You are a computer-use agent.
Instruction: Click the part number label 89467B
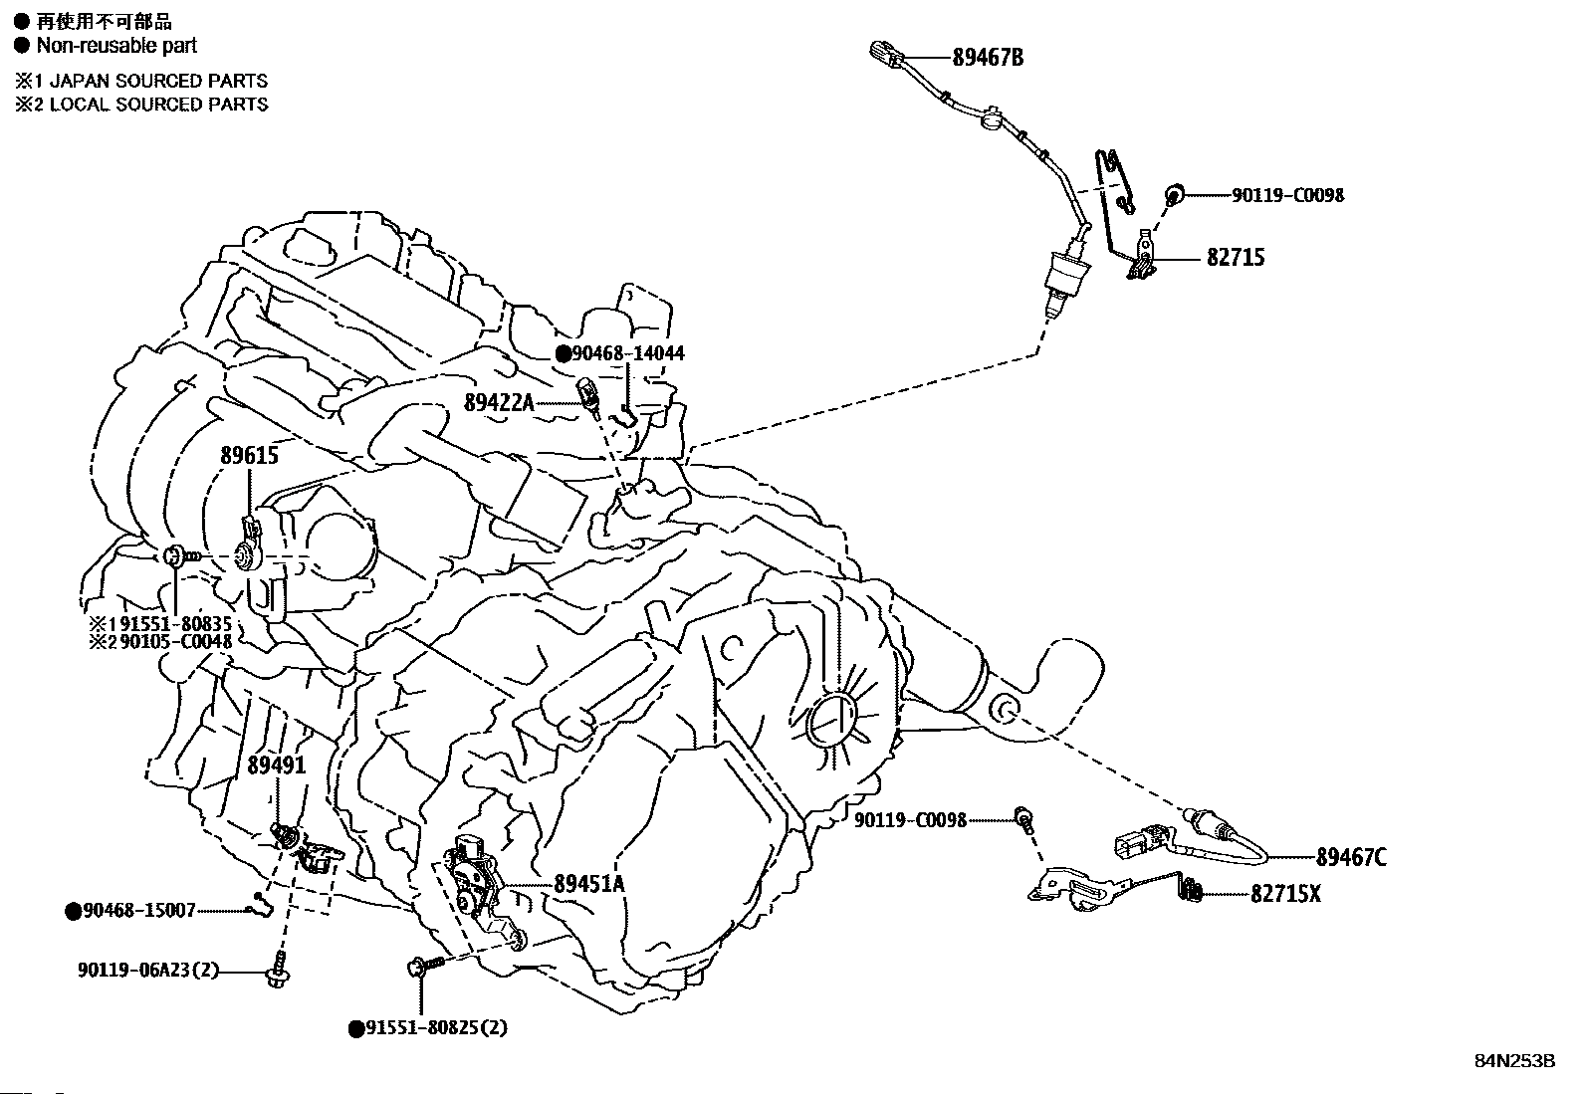pos(987,57)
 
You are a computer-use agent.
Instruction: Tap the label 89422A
pos(499,402)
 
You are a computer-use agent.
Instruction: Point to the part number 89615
pos(249,456)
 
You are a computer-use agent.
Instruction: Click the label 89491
pos(276,764)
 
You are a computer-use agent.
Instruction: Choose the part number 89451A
pos(589,883)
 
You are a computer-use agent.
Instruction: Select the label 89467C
pos(1350,857)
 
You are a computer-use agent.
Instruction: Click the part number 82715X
pos(1285,894)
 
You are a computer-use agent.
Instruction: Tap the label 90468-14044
pos(627,352)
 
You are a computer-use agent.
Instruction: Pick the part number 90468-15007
pos(138,910)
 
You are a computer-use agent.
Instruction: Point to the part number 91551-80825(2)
pos(434,1027)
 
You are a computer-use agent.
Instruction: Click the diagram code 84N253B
pos(1514,1061)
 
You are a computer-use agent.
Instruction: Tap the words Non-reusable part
pos(116,45)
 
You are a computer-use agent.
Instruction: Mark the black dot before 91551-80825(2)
pos(355,1028)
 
